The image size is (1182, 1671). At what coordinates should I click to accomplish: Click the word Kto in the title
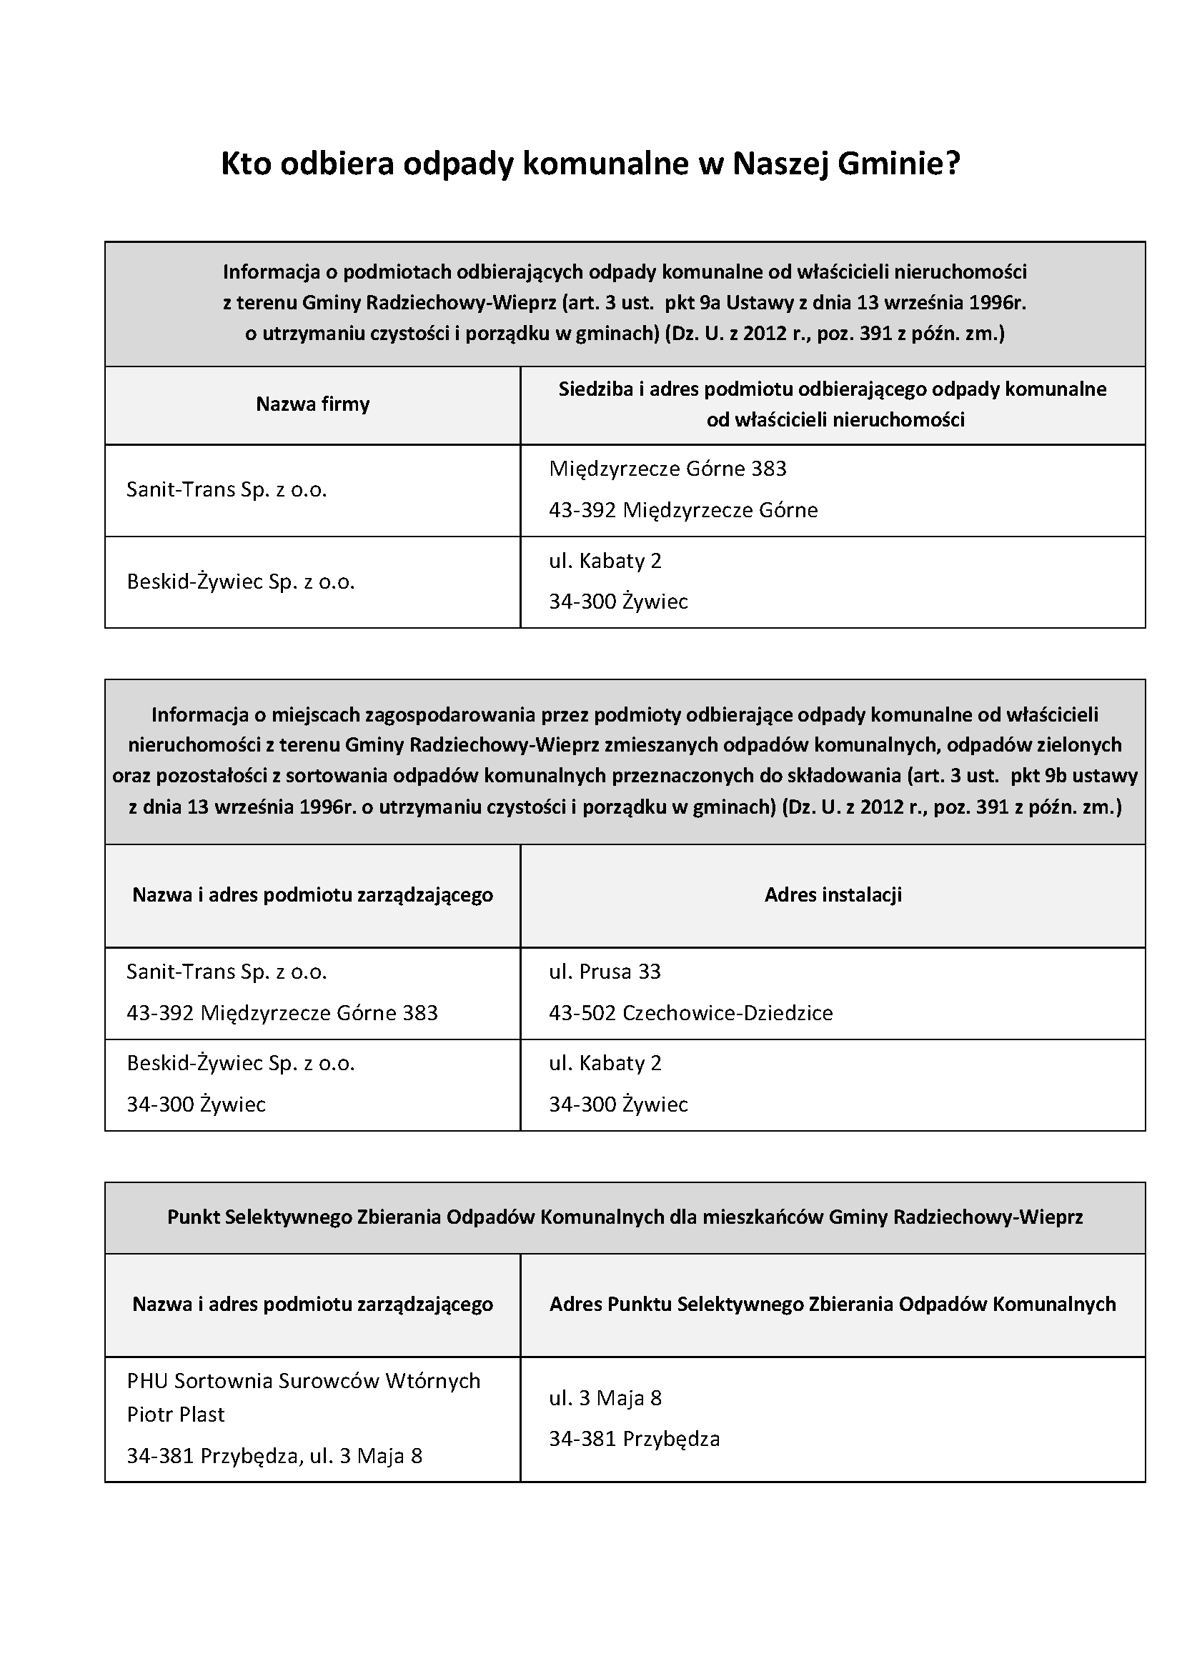tap(246, 164)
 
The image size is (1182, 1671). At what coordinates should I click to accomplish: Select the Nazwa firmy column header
tap(312, 404)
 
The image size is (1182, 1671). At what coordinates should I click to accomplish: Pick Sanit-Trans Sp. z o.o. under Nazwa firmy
tap(227, 489)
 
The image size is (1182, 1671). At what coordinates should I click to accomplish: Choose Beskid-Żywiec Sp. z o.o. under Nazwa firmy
tap(240, 582)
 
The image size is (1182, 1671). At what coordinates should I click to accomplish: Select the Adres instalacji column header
tap(833, 894)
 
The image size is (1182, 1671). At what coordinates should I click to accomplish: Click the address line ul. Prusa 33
tap(605, 972)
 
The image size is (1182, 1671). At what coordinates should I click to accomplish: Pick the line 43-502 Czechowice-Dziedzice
tap(691, 1013)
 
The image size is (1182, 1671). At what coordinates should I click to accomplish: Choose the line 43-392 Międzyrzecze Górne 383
tap(282, 1013)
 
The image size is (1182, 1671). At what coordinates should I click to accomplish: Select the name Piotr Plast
tap(175, 1414)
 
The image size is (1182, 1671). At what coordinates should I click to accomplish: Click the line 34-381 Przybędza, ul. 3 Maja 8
tap(274, 1455)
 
